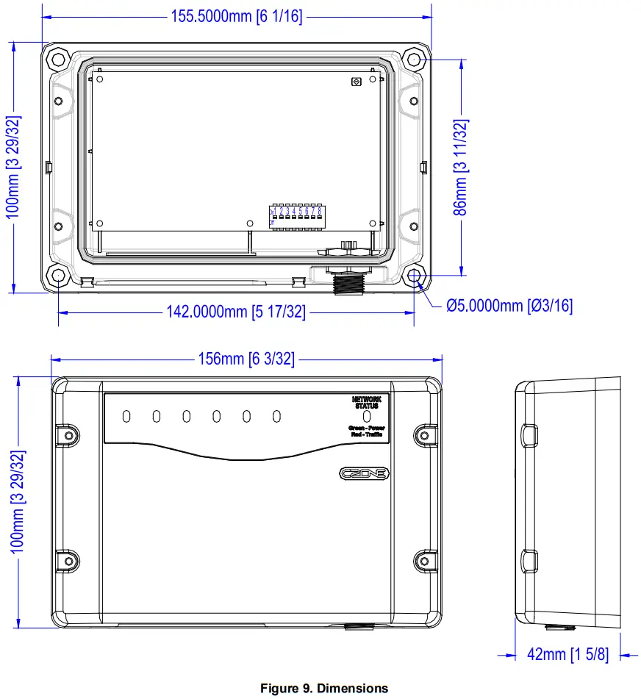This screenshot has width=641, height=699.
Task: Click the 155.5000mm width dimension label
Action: [x=236, y=16]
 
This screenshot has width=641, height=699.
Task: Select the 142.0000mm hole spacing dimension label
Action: [x=235, y=312]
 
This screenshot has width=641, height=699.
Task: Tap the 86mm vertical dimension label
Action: [x=461, y=168]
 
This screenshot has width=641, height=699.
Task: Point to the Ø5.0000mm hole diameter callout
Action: [x=509, y=306]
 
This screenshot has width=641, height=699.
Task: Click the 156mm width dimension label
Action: [x=246, y=359]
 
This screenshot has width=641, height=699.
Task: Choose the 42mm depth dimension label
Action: [x=567, y=654]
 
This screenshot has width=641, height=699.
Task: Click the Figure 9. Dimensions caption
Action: [x=324, y=688]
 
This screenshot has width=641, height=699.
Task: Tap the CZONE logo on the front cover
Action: [x=363, y=473]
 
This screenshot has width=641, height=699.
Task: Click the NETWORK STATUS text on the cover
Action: [x=367, y=402]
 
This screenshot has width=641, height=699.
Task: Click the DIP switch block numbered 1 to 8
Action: [x=296, y=215]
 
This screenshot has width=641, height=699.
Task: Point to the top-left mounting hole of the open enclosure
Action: [x=57, y=58]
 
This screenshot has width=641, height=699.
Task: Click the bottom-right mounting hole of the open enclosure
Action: [x=415, y=276]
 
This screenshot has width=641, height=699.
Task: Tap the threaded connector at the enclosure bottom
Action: [x=343, y=282]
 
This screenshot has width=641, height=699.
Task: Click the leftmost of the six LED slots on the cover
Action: [x=126, y=417]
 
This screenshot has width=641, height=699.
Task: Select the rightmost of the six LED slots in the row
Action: [x=276, y=417]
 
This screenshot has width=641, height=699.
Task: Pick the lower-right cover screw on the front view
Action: [x=423, y=562]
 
